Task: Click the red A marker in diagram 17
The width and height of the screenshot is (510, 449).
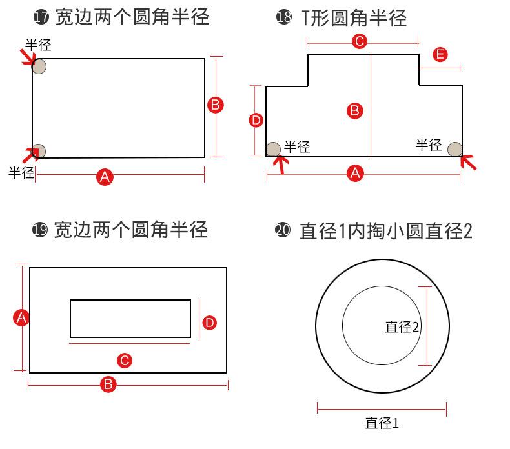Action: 105,176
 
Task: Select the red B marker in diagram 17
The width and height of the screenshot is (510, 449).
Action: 216,105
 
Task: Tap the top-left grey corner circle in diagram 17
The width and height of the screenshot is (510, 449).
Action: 39,66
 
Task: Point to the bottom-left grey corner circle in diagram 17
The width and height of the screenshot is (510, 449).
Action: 39,150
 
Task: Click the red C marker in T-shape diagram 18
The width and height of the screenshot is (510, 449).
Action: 360,42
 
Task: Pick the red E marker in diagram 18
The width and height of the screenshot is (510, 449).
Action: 440,55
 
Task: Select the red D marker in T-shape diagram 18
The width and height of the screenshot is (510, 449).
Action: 256,120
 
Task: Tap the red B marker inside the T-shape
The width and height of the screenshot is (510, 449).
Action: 354,111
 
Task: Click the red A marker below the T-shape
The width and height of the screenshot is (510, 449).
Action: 355,173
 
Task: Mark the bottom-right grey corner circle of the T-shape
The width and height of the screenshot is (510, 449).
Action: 455,149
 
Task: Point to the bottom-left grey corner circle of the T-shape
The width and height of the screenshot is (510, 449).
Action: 274,150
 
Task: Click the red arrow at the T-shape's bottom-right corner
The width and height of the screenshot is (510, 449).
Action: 469,162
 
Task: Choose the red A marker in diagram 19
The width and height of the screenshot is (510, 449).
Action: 21,317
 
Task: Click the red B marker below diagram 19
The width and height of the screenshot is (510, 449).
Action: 108,384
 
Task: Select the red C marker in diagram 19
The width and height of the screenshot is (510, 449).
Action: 125,361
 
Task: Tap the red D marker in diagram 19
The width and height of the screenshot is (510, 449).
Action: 209,323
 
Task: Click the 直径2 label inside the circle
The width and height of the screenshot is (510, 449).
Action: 402,327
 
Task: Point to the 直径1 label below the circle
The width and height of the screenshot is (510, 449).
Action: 382,423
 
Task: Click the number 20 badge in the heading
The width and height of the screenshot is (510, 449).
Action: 283,230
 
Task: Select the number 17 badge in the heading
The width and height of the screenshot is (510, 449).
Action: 41,17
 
